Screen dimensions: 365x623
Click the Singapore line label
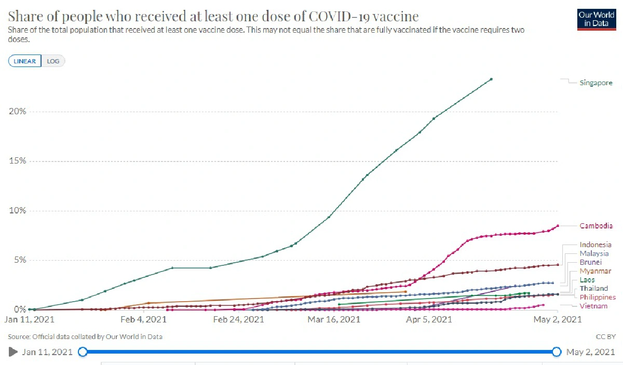[595, 83]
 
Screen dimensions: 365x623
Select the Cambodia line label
[596, 226]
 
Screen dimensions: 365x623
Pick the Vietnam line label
[593, 306]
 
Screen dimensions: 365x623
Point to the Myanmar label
[595, 271]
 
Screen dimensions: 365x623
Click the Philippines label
[598, 298]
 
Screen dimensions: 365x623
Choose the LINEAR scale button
[24, 61]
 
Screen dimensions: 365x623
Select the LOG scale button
[53, 61]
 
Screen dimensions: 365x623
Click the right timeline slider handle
[557, 352]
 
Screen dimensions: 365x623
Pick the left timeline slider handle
[82, 352]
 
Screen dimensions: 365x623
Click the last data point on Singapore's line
[491, 79]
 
